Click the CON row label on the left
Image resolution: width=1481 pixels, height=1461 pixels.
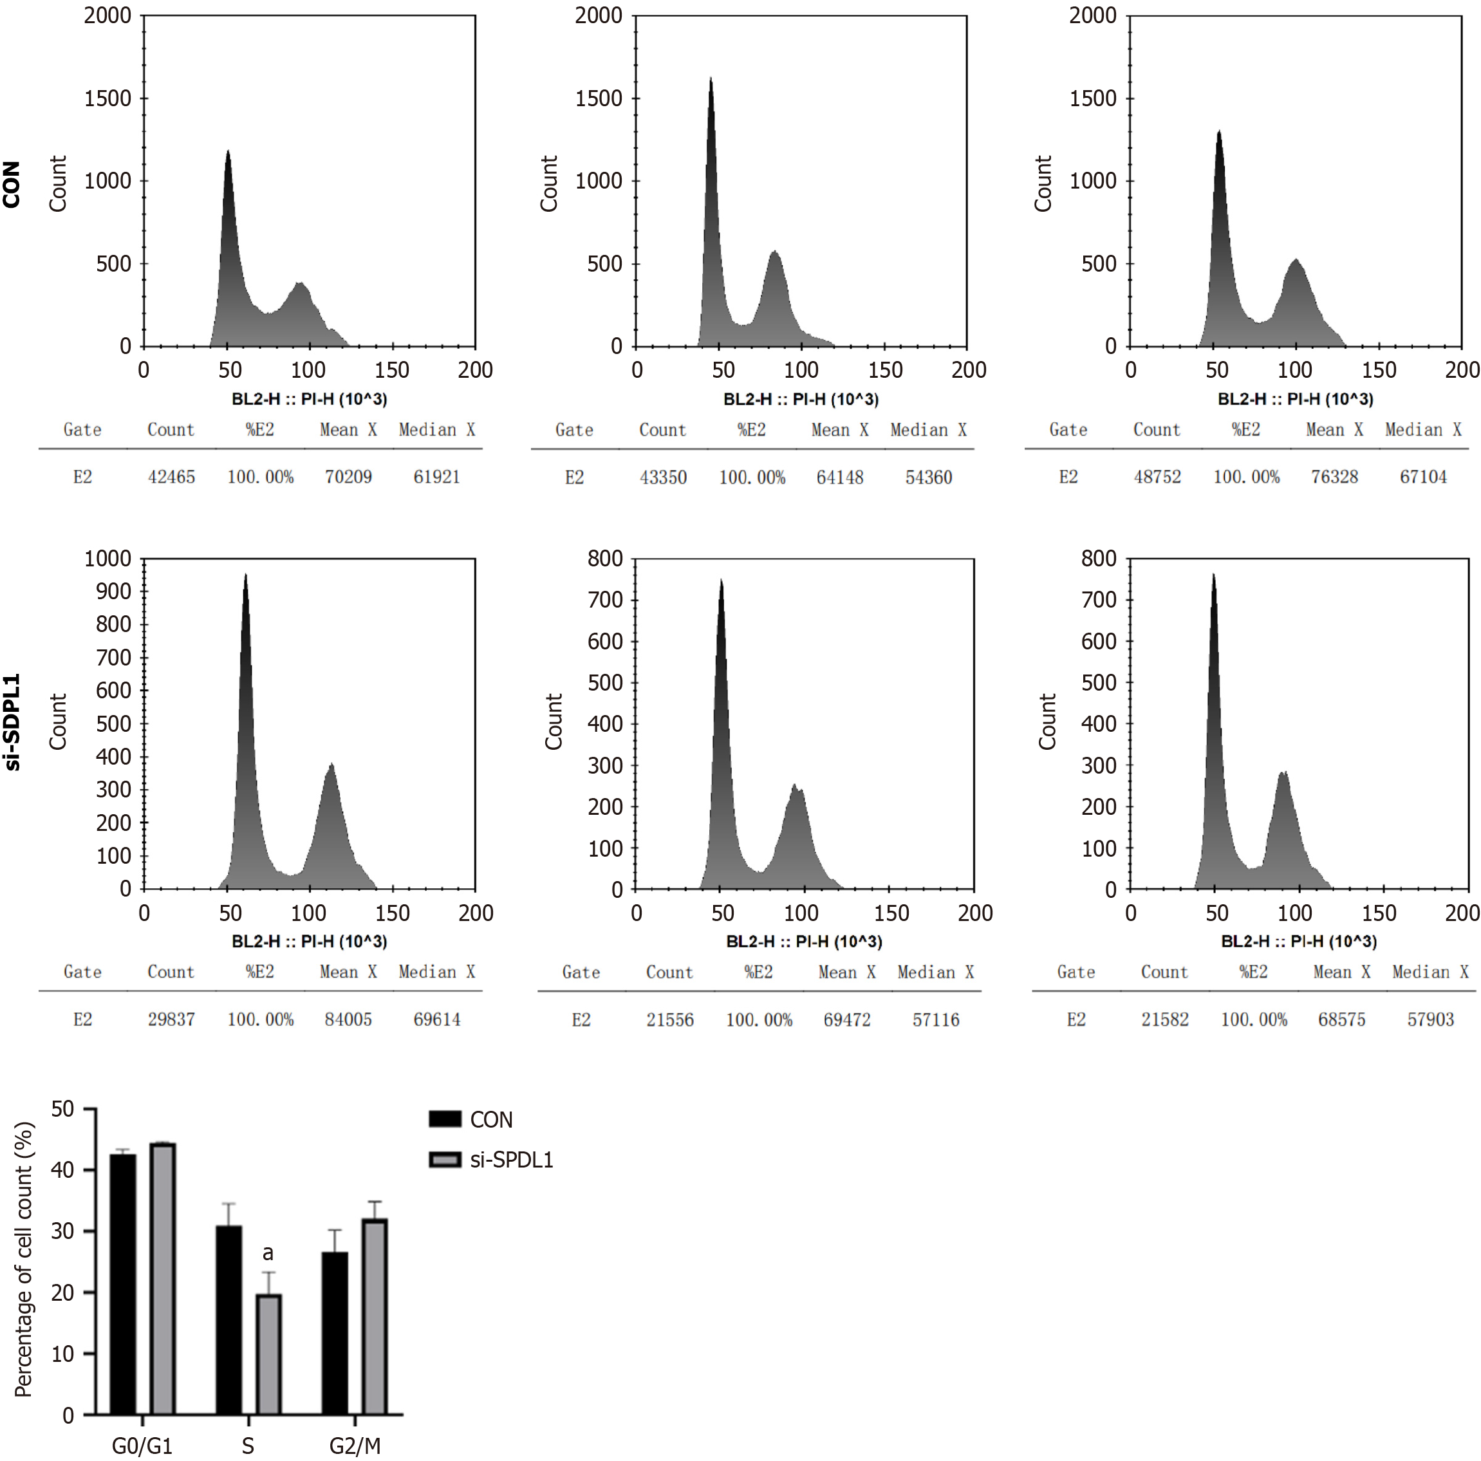point(11,184)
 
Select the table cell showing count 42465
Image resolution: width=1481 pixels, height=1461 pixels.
point(171,477)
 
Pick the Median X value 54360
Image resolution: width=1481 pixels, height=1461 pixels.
point(928,478)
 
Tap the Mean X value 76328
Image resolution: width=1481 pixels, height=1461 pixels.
point(1334,477)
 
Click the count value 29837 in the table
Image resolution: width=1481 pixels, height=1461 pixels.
point(171,1019)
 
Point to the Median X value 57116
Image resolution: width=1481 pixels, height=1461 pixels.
point(935,1020)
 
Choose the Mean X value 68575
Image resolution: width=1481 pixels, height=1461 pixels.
point(1341,1019)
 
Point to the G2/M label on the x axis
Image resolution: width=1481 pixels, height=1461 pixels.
point(355,1446)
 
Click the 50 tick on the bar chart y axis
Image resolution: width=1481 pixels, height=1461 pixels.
point(63,1109)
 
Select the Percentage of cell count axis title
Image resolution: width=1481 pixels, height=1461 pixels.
point(24,1259)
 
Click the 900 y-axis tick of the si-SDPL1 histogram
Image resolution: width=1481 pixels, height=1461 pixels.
point(113,591)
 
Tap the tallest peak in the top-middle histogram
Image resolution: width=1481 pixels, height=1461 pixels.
point(711,80)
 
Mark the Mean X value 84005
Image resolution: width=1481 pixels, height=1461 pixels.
point(348,1019)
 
